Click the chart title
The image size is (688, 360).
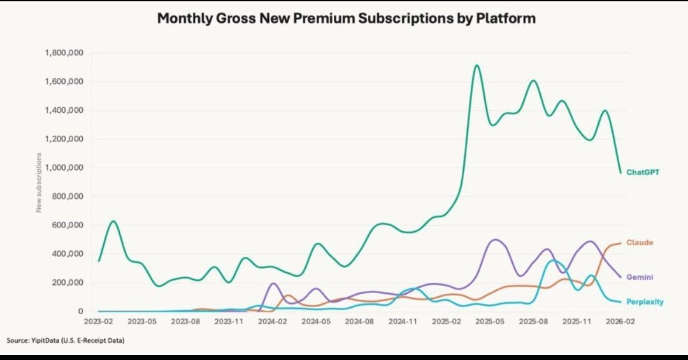point(346,18)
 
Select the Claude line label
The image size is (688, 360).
point(640,243)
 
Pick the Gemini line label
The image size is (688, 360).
point(640,277)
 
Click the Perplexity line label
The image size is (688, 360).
point(645,301)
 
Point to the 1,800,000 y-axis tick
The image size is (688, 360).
point(66,53)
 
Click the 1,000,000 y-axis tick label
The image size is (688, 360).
point(66,168)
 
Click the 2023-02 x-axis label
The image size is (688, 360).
point(98,323)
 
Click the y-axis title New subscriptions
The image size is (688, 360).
point(39,182)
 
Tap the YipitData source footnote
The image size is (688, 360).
point(66,342)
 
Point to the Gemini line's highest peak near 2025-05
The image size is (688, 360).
point(495,240)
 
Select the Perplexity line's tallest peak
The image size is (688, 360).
point(555,260)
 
